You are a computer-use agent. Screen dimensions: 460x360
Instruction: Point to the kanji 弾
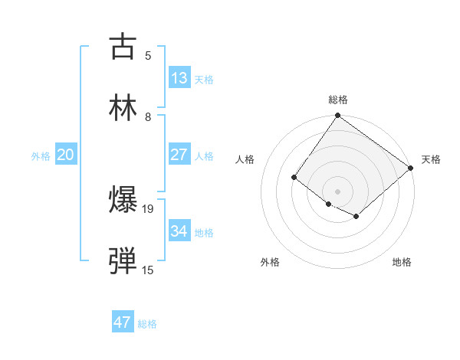[123, 261]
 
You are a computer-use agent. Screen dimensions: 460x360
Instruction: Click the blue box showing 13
[179, 78]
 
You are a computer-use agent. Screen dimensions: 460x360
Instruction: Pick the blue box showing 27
[179, 155]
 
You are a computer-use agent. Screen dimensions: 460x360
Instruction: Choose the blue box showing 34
[179, 231]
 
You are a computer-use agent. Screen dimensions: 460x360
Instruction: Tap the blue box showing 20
[65, 155]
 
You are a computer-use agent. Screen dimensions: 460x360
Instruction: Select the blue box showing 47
[122, 322]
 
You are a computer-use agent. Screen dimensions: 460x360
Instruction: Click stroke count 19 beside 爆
[148, 208]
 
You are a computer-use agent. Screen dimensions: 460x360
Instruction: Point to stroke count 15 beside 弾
[148, 270]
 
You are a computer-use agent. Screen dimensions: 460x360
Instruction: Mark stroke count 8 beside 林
[148, 116]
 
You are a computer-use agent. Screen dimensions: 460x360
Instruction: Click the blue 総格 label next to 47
[147, 324]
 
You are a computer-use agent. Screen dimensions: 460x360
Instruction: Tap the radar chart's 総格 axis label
[338, 100]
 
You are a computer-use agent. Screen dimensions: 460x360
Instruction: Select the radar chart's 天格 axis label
[431, 159]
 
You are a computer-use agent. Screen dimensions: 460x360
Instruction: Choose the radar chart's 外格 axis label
[270, 262]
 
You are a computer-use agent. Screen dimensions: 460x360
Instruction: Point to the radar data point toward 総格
[337, 116]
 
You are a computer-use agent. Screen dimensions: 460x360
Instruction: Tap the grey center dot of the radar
[337, 191]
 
